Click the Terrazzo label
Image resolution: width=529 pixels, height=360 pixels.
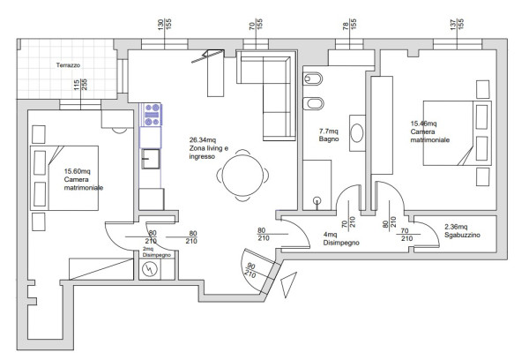click(68, 65)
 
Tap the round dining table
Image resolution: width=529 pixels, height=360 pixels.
click(242, 176)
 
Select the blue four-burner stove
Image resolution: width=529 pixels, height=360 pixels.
click(152, 115)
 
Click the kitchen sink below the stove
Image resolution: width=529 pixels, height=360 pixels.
click(151, 159)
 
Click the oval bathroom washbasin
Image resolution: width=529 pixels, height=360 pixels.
click(357, 132)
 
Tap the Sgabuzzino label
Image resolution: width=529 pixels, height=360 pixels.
click(462, 235)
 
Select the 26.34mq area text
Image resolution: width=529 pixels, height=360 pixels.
click(203, 139)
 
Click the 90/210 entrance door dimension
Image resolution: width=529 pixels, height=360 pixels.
click(251, 270)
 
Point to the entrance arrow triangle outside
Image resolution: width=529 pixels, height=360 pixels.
click(287, 283)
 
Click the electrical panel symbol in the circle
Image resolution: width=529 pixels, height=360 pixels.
click(150, 269)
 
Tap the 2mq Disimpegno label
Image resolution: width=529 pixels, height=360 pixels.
click(157, 252)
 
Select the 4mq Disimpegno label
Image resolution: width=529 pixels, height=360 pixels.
click(341, 238)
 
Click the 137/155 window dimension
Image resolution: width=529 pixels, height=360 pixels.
click(457, 24)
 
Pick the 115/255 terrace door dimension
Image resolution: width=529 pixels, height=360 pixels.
click(80, 85)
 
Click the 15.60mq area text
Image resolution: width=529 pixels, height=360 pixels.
click(78, 171)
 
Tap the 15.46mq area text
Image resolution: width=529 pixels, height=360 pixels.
click(423, 124)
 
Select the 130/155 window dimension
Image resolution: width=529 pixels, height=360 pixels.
click(165, 24)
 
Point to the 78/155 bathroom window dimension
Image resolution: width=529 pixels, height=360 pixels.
click(349, 24)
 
